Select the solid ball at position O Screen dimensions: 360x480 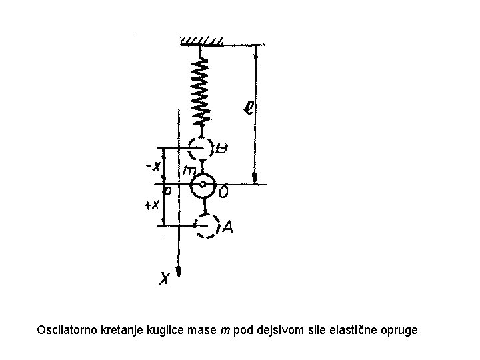point(203,185)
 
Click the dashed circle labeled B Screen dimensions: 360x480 point(201,148)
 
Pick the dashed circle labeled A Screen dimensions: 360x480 point(207,225)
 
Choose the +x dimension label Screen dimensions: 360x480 point(153,205)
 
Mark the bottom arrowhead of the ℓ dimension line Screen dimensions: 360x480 point(255,177)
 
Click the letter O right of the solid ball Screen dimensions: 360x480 point(224,193)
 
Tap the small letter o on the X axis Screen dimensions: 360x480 point(167,191)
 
